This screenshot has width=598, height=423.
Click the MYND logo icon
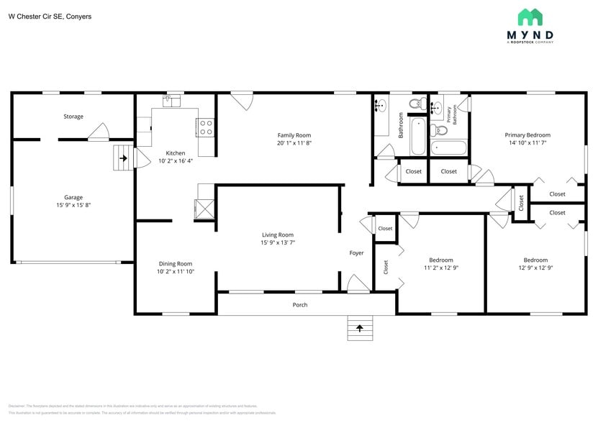coord(530,17)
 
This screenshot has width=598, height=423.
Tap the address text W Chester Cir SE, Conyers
coord(50,16)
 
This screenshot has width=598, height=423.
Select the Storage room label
coord(73,117)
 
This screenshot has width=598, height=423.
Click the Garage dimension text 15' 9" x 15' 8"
coord(73,205)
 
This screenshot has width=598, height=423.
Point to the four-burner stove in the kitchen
coord(205,127)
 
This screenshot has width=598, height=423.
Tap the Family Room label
coord(294,135)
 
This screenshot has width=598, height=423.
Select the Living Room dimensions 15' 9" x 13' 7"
coord(277,243)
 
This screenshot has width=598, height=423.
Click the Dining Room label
coord(175,264)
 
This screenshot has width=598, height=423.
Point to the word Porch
coord(300,305)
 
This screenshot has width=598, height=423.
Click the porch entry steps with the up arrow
coord(360,328)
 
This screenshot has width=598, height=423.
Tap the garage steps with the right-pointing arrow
coord(123,158)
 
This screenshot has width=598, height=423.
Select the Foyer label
coord(356,253)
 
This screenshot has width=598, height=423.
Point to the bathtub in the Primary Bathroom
coord(448,148)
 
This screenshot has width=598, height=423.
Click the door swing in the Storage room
coord(98,131)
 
